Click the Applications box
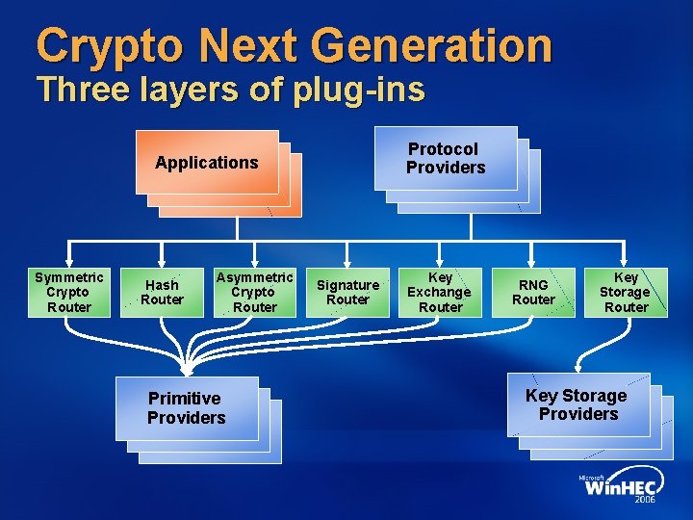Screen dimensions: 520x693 tap(207, 163)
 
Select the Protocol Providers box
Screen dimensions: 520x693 tap(446, 158)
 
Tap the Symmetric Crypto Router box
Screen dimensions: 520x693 tap(69, 292)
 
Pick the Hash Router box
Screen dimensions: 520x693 tap(162, 292)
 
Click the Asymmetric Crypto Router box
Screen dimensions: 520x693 tap(255, 292)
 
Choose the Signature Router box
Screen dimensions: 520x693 tap(347, 292)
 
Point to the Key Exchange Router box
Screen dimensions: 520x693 tap(440, 292)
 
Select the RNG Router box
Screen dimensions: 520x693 tap(533, 292)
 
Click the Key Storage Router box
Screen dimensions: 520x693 tap(626, 292)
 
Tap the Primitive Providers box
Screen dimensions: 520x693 tap(187, 407)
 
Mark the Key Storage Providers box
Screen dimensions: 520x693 tap(576, 404)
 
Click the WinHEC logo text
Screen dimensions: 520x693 tap(622, 487)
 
